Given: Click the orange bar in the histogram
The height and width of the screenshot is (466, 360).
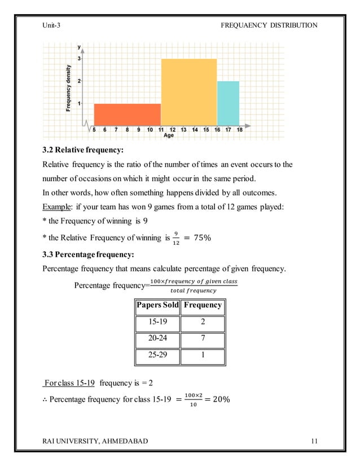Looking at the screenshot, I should pyautogui.click(x=127, y=115).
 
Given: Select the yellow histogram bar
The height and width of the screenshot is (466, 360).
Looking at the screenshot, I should pyautogui.click(x=189, y=92).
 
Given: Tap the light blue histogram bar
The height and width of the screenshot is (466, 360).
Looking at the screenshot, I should pyautogui.click(x=228, y=103).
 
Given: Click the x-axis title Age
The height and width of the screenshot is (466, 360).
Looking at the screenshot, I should pyautogui.click(x=168, y=135).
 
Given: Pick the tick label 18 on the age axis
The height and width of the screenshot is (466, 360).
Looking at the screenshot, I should pyautogui.click(x=239, y=129).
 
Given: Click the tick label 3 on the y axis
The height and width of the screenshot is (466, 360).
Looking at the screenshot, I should pyautogui.click(x=80, y=59).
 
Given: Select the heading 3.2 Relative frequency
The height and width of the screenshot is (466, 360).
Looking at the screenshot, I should pyautogui.click(x=83, y=151).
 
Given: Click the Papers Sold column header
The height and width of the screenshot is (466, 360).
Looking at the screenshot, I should pyautogui.click(x=157, y=305).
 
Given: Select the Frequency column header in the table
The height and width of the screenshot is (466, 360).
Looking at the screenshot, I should pyautogui.click(x=203, y=305).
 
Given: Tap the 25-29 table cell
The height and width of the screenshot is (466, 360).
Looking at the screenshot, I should pyautogui.click(x=157, y=357).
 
